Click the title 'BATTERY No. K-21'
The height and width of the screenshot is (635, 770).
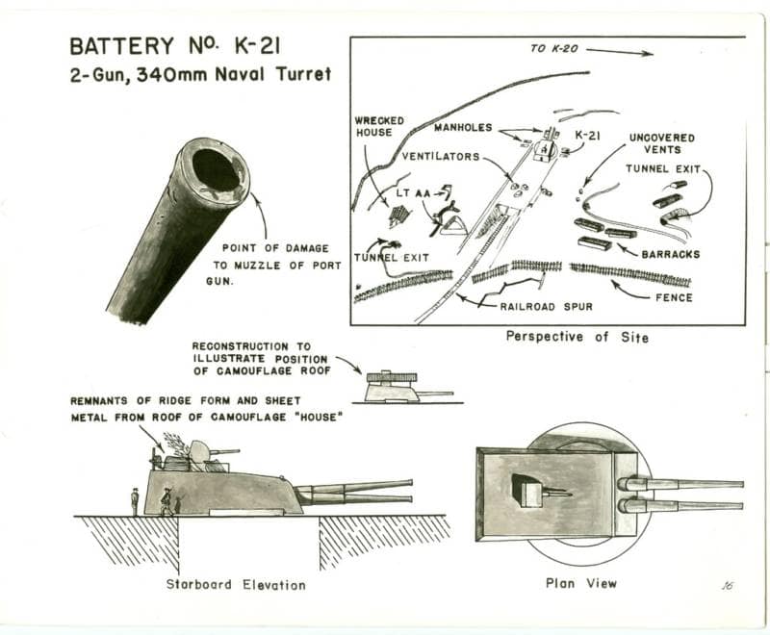coord(176,45)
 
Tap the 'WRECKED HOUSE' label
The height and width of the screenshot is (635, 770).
coord(379,126)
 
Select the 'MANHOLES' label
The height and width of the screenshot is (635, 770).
coord(463,126)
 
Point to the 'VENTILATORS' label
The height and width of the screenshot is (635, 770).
coord(441,156)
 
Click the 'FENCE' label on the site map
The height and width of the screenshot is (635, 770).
coord(674,297)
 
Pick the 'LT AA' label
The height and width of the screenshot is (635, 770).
coord(407,192)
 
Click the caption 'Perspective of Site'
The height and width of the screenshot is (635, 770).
coord(577,337)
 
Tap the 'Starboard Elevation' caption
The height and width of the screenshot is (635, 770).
coord(236,584)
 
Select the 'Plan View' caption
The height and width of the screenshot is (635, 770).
coord(580,583)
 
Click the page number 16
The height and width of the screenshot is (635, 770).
coord(726,584)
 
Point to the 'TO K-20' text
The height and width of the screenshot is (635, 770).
coord(553,48)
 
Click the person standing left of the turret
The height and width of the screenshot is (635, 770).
coord(135,500)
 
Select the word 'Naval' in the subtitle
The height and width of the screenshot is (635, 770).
coord(253,74)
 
